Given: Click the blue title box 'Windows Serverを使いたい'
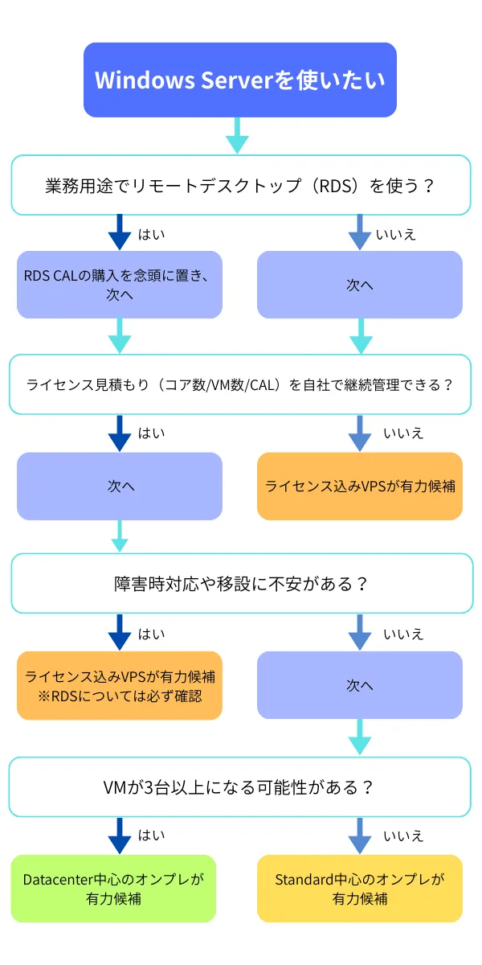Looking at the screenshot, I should [240, 80].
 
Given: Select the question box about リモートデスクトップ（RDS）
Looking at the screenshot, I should [240, 185].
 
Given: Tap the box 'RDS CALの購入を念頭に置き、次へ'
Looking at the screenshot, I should [120, 285].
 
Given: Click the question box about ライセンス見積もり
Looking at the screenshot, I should [240, 384].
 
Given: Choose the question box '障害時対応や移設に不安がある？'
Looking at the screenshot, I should [240, 583].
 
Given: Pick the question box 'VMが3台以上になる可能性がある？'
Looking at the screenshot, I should [240, 786].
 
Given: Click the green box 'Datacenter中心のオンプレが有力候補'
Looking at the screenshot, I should [114, 888].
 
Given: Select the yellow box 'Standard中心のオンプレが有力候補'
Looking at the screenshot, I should [359, 888].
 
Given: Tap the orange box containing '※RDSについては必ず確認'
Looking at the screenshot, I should [120, 685].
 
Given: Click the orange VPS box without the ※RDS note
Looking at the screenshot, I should [359, 486].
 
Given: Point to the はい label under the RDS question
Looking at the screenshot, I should [151, 235].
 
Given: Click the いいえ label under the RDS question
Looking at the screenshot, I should [396, 235].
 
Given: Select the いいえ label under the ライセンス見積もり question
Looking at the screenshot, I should [402, 433].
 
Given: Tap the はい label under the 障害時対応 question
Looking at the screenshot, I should [151, 634].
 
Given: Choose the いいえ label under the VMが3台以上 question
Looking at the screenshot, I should [402, 836].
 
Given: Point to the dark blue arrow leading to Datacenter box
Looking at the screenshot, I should [119, 836].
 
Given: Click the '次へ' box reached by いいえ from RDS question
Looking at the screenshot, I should [359, 285].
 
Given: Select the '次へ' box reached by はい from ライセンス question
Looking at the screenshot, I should [120, 486].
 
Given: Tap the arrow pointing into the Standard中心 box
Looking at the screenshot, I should [360, 836].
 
